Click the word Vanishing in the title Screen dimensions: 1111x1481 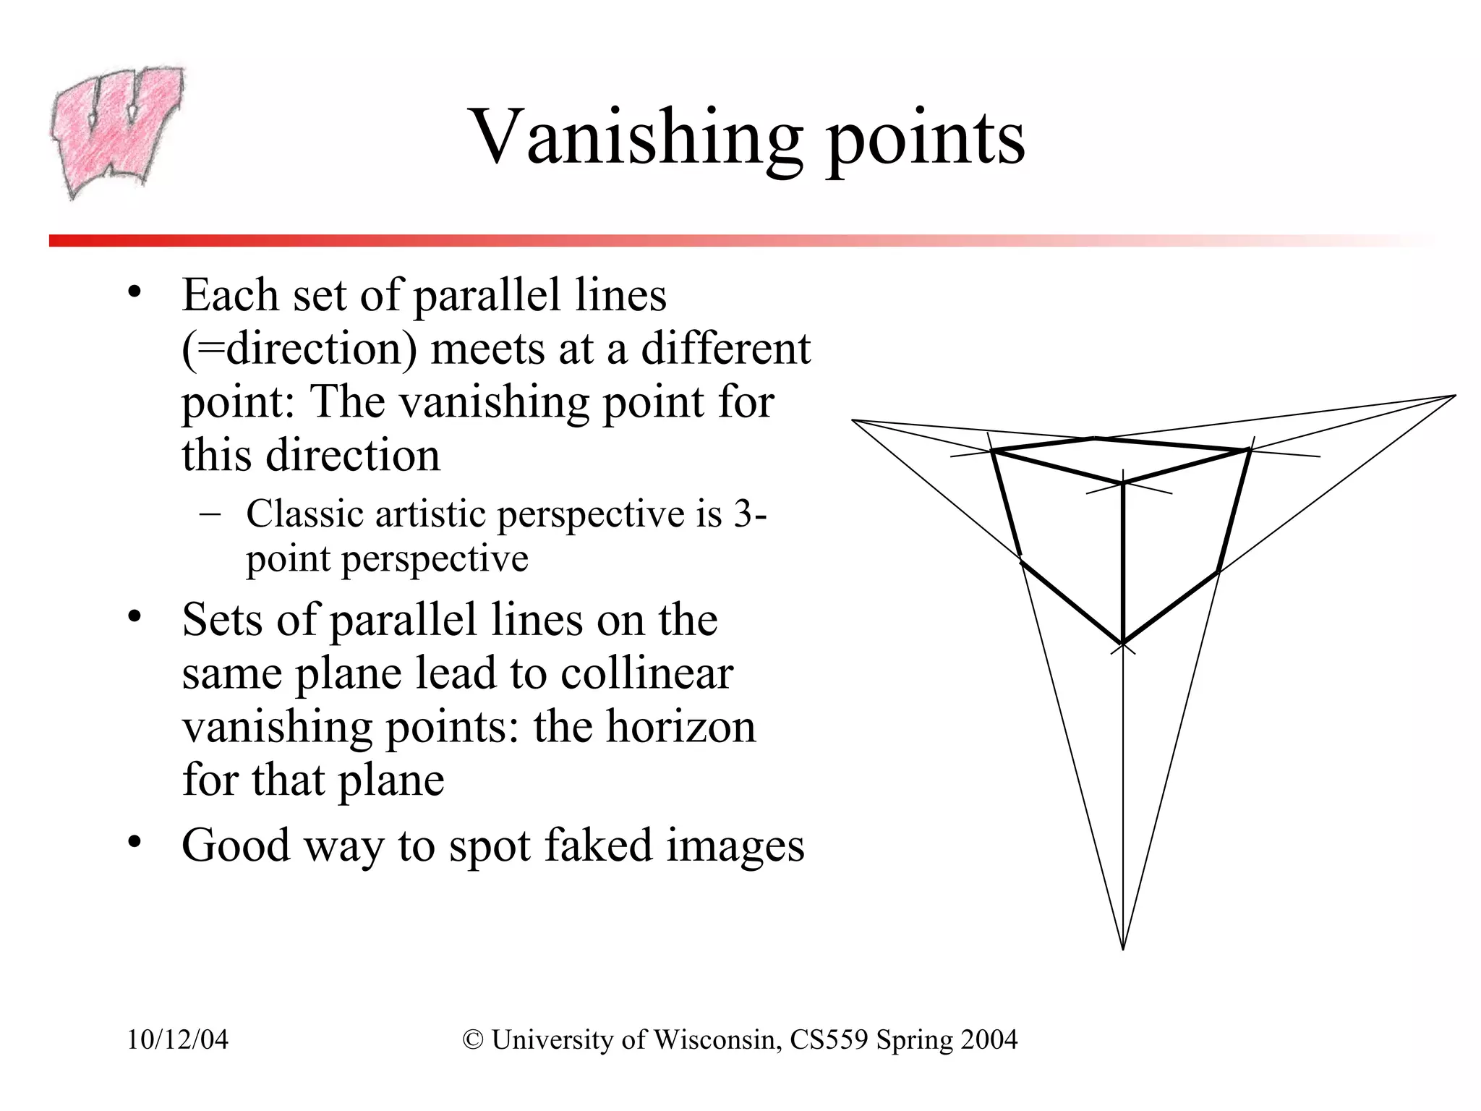[x=636, y=137]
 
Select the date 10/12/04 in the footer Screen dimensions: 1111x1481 [x=178, y=1039]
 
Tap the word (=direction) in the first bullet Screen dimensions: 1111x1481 [x=299, y=349]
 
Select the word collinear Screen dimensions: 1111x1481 [x=646, y=673]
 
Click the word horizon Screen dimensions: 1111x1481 [x=680, y=727]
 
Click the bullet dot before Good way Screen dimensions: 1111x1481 [x=134, y=843]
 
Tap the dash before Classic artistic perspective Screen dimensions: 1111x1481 [x=210, y=514]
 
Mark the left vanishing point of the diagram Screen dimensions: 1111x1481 [x=853, y=420]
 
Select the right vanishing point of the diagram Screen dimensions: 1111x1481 [x=1454, y=396]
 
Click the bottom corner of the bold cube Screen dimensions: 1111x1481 [x=1122, y=643]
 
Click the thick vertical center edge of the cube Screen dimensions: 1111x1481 [x=1123, y=564]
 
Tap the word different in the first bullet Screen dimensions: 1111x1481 [x=726, y=349]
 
